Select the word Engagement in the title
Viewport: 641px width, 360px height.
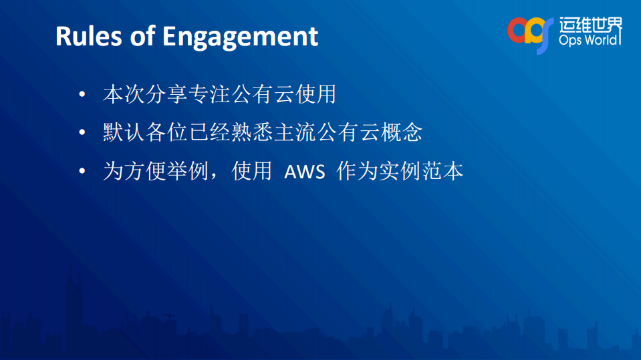[241, 37]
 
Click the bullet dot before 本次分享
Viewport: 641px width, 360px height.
[82, 94]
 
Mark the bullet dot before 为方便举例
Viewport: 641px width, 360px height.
[82, 172]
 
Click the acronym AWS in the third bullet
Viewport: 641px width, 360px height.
[304, 172]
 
